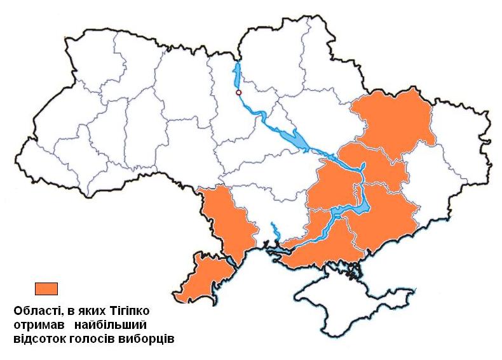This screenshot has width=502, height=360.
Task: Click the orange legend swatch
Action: pyautogui.click(x=46, y=288)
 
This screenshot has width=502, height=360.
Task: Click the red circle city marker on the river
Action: pyautogui.click(x=238, y=93)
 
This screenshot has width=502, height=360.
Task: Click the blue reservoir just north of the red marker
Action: pyautogui.click(x=238, y=73)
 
